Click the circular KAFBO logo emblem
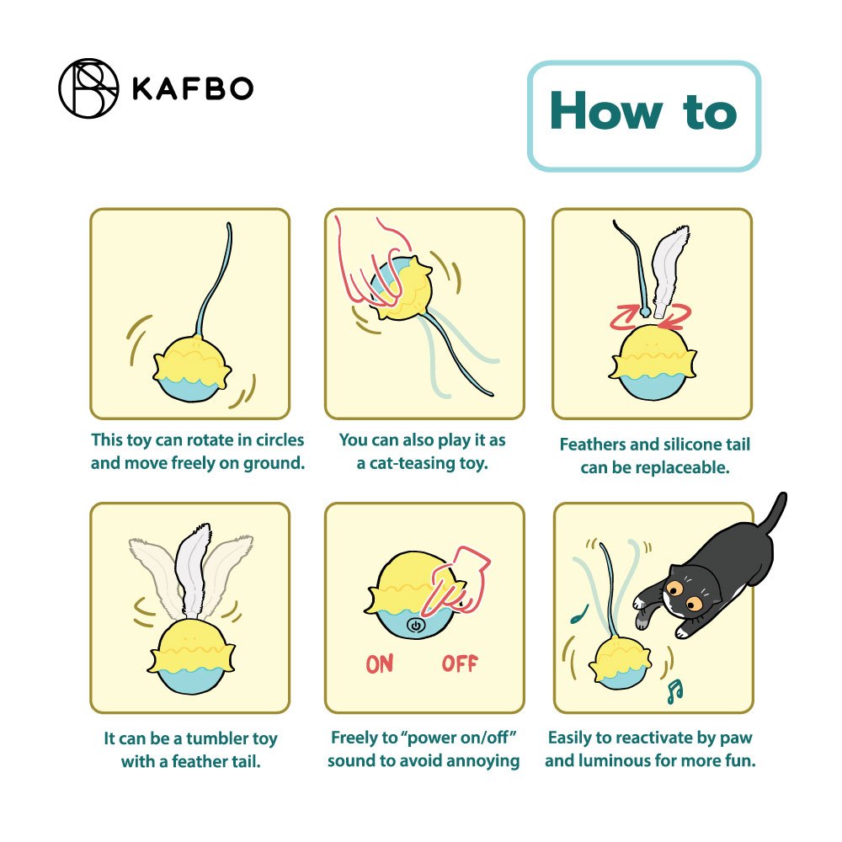tap(88, 88)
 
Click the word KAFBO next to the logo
tap(193, 88)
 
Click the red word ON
tap(380, 663)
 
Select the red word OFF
tap(460, 663)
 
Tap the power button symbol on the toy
tap(416, 626)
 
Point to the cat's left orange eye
tap(675, 588)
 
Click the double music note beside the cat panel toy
tap(674, 691)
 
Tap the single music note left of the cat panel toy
tap(579, 615)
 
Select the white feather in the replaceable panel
tap(669, 270)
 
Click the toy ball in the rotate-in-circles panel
tap(192, 369)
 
